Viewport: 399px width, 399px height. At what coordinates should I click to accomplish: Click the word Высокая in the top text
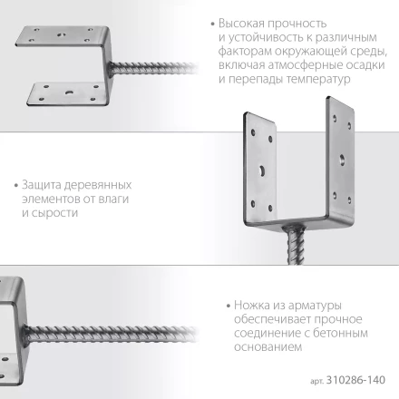[244, 21]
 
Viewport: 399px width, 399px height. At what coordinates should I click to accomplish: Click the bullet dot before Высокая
[211, 21]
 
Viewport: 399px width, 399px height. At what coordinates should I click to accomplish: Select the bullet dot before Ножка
[223, 291]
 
